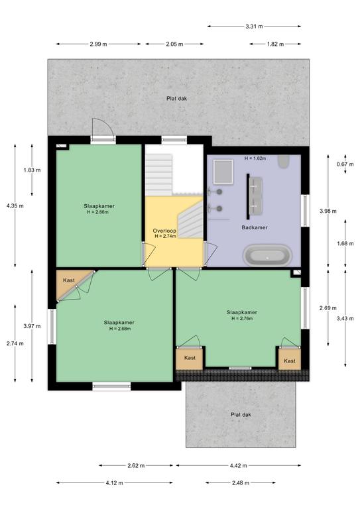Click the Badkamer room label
pos(255,227)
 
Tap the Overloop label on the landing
pos(164,231)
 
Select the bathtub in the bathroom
pos(267,254)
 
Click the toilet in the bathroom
pos(283,161)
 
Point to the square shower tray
pos(223,172)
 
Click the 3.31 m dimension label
pos(254,27)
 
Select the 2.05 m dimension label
pos(174,44)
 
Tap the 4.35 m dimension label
pos(15,205)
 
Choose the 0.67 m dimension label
pos(345,164)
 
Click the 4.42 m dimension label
pos(238,465)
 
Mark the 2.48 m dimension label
pos(241,482)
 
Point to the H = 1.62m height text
pos(255,158)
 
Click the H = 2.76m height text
pos(242,318)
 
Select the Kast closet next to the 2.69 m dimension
pos(290,359)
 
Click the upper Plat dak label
pos(176,98)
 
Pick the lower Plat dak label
pos(241,414)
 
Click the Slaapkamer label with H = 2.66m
pos(99,206)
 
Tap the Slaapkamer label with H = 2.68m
pos(119,322)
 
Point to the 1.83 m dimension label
pos(32,170)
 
